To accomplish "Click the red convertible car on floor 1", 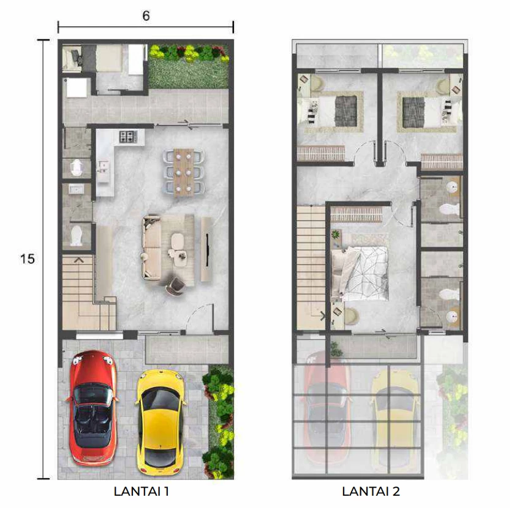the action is (93, 408).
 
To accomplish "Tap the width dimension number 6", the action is (146, 16).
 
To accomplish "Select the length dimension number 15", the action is (28, 259).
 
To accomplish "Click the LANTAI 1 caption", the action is (142, 491).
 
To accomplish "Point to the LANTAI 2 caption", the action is (371, 491).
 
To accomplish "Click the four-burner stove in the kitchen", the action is (128, 136).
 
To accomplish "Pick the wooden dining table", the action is (183, 172).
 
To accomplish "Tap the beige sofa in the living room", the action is (152, 248).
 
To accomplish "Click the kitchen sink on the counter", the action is (103, 167).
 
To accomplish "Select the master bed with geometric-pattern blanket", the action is (360, 273).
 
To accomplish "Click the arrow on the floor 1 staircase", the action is (78, 260).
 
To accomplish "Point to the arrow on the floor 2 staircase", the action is (323, 315).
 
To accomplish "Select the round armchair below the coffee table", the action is (175, 286).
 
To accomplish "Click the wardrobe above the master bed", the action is (357, 215).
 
